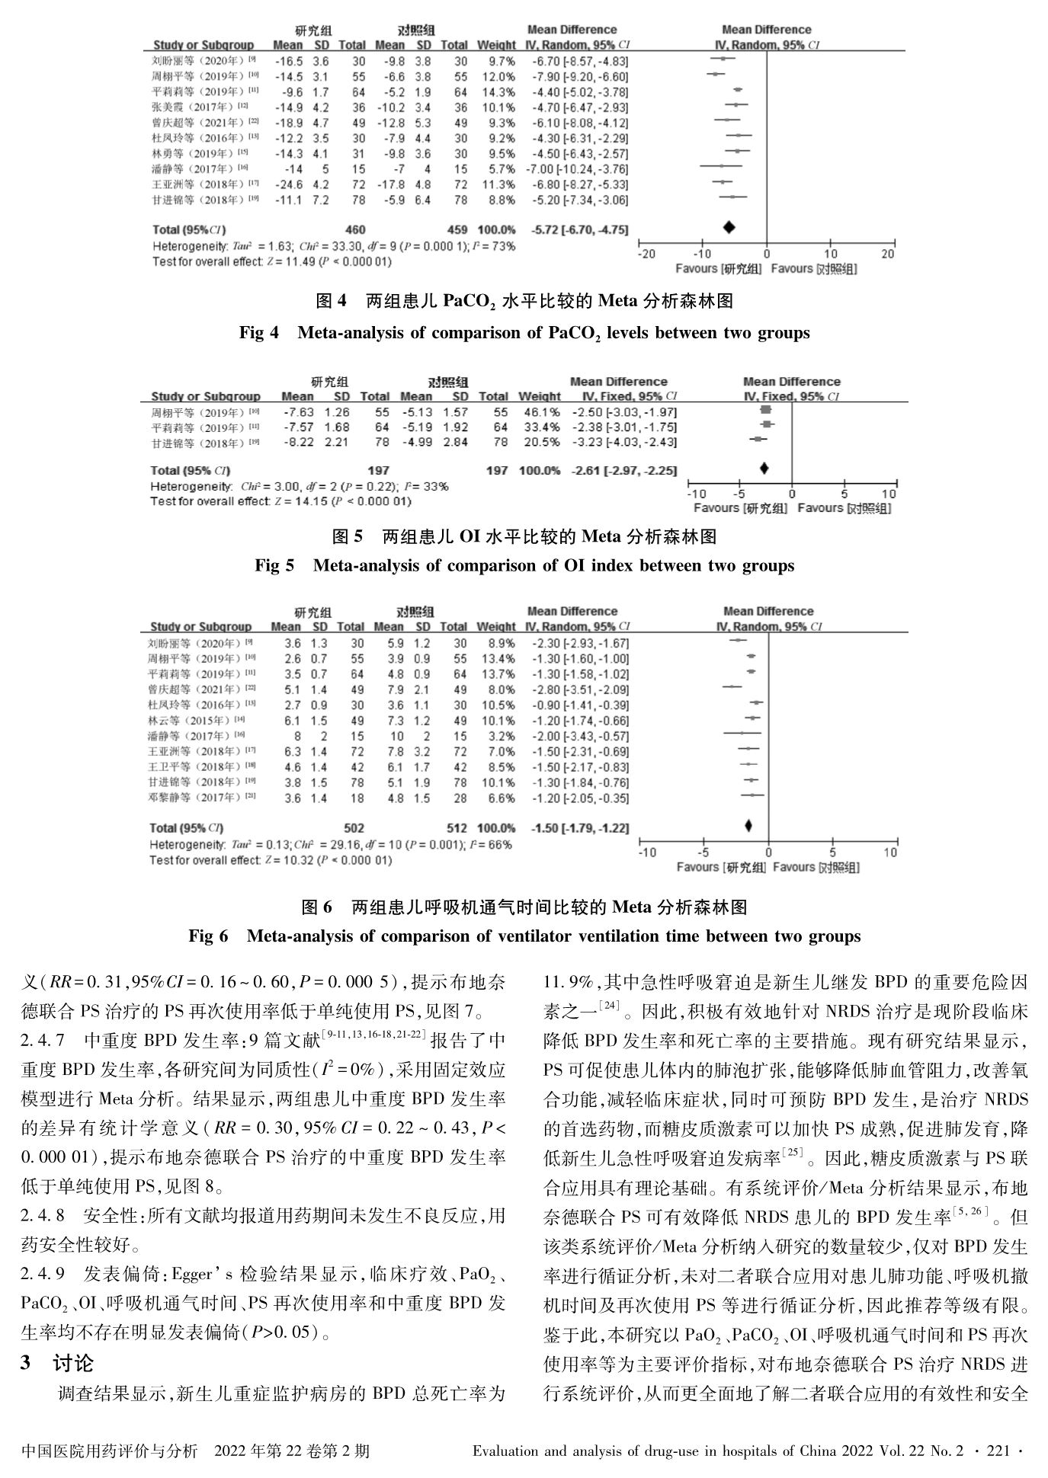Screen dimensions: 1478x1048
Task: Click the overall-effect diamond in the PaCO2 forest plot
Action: coord(729,227)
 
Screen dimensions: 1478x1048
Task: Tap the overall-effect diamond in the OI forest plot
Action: coord(764,468)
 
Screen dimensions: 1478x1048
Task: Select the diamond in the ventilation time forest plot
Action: coord(748,826)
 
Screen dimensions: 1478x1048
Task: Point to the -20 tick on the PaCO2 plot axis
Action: coord(646,254)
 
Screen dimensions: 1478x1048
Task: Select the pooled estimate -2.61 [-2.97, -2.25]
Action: coord(624,471)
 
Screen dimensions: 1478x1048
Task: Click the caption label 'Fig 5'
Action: coord(274,565)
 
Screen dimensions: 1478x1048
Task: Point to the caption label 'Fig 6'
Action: coord(208,936)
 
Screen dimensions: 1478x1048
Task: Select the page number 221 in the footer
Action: coord(998,1452)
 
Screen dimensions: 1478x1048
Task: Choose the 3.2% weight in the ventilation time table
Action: coord(500,736)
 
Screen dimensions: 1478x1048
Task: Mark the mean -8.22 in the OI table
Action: coord(298,443)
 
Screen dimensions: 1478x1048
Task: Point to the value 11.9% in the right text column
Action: coord(567,984)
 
